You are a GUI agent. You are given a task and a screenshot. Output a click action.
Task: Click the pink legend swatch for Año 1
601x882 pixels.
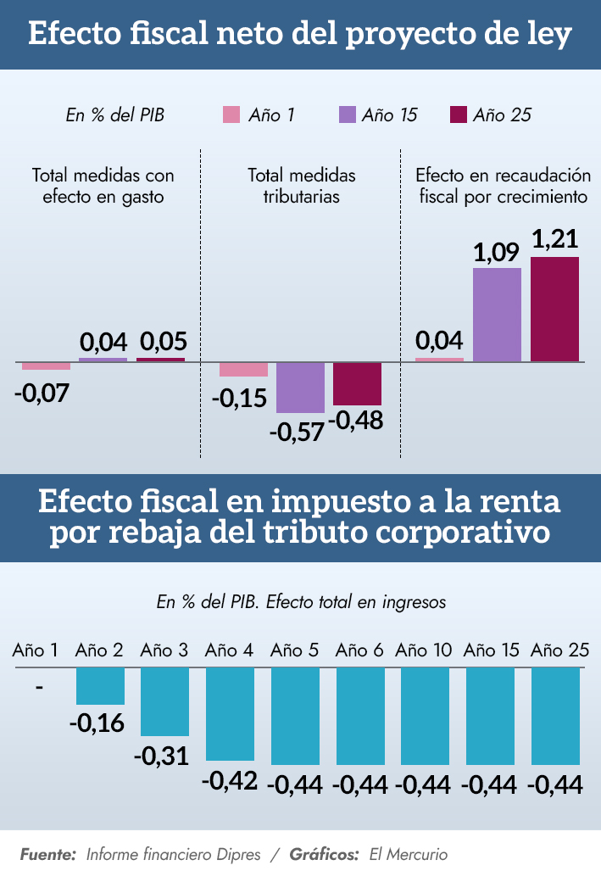click(x=231, y=114)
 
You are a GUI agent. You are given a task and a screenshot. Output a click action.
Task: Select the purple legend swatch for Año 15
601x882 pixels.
click(x=346, y=114)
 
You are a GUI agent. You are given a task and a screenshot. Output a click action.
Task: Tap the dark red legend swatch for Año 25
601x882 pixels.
click(x=458, y=114)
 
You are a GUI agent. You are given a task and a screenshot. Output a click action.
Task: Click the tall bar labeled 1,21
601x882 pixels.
click(x=554, y=309)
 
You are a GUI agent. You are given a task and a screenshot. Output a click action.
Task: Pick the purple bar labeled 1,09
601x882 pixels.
click(x=497, y=315)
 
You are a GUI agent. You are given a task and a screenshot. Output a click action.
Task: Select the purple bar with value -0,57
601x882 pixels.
click(x=301, y=388)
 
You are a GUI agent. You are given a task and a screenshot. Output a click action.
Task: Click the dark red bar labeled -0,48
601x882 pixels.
click(x=357, y=383)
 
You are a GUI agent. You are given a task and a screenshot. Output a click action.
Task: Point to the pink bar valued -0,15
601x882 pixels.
click(x=243, y=369)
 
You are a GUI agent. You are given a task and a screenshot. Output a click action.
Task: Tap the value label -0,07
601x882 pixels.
click(x=42, y=394)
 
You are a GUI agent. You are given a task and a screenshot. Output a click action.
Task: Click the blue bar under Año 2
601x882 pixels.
click(x=100, y=686)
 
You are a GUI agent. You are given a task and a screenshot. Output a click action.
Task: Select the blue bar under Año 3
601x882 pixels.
click(x=164, y=701)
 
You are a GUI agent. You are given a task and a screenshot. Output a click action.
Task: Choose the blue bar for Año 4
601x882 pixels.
click(x=230, y=713)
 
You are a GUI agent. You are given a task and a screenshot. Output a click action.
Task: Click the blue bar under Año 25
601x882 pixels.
click(x=555, y=716)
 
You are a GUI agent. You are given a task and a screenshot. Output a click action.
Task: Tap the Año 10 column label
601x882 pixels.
click(x=424, y=650)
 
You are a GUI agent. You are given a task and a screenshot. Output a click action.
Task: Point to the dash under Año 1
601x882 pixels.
click(x=39, y=686)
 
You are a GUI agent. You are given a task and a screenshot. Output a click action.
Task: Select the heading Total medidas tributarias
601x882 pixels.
click(x=301, y=186)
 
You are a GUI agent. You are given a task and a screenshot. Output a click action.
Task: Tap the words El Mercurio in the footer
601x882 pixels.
click(x=409, y=854)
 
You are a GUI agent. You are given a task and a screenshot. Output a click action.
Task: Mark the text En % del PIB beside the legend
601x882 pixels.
click(x=114, y=115)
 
